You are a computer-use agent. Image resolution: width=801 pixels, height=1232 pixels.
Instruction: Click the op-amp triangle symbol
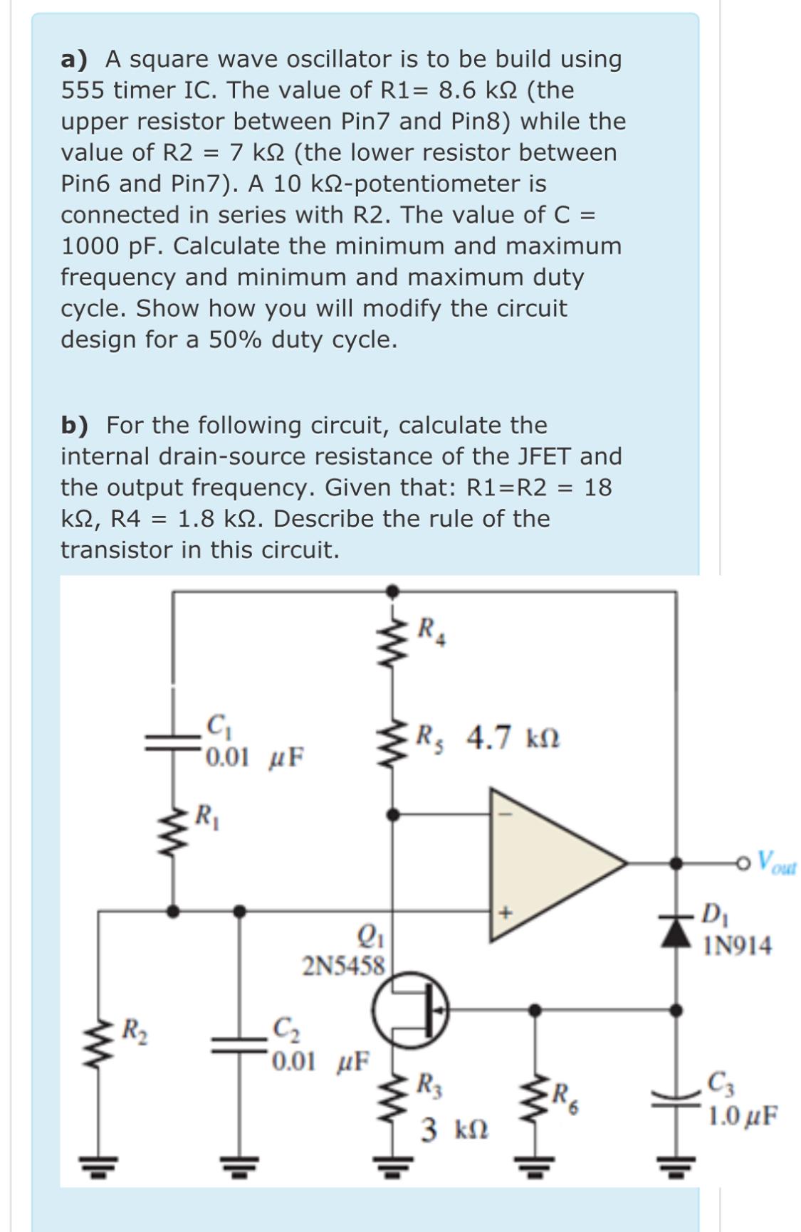tap(548, 863)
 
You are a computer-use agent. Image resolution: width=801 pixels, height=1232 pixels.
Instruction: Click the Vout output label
tap(776, 863)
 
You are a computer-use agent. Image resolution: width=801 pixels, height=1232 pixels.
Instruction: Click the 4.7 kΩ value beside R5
tap(513, 737)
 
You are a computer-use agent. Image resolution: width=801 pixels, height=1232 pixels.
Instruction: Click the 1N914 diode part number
tap(738, 946)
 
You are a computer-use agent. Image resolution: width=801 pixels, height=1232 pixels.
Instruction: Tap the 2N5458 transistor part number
tap(343, 967)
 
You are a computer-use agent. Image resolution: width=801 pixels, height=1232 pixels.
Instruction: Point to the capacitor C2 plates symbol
tap(240, 1044)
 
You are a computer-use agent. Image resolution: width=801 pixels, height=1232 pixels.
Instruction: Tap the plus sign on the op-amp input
tap(506, 911)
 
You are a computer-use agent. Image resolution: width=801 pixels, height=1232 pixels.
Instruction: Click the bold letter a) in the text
tap(74, 59)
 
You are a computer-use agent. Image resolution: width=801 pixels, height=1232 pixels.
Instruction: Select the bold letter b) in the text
tap(75, 425)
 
